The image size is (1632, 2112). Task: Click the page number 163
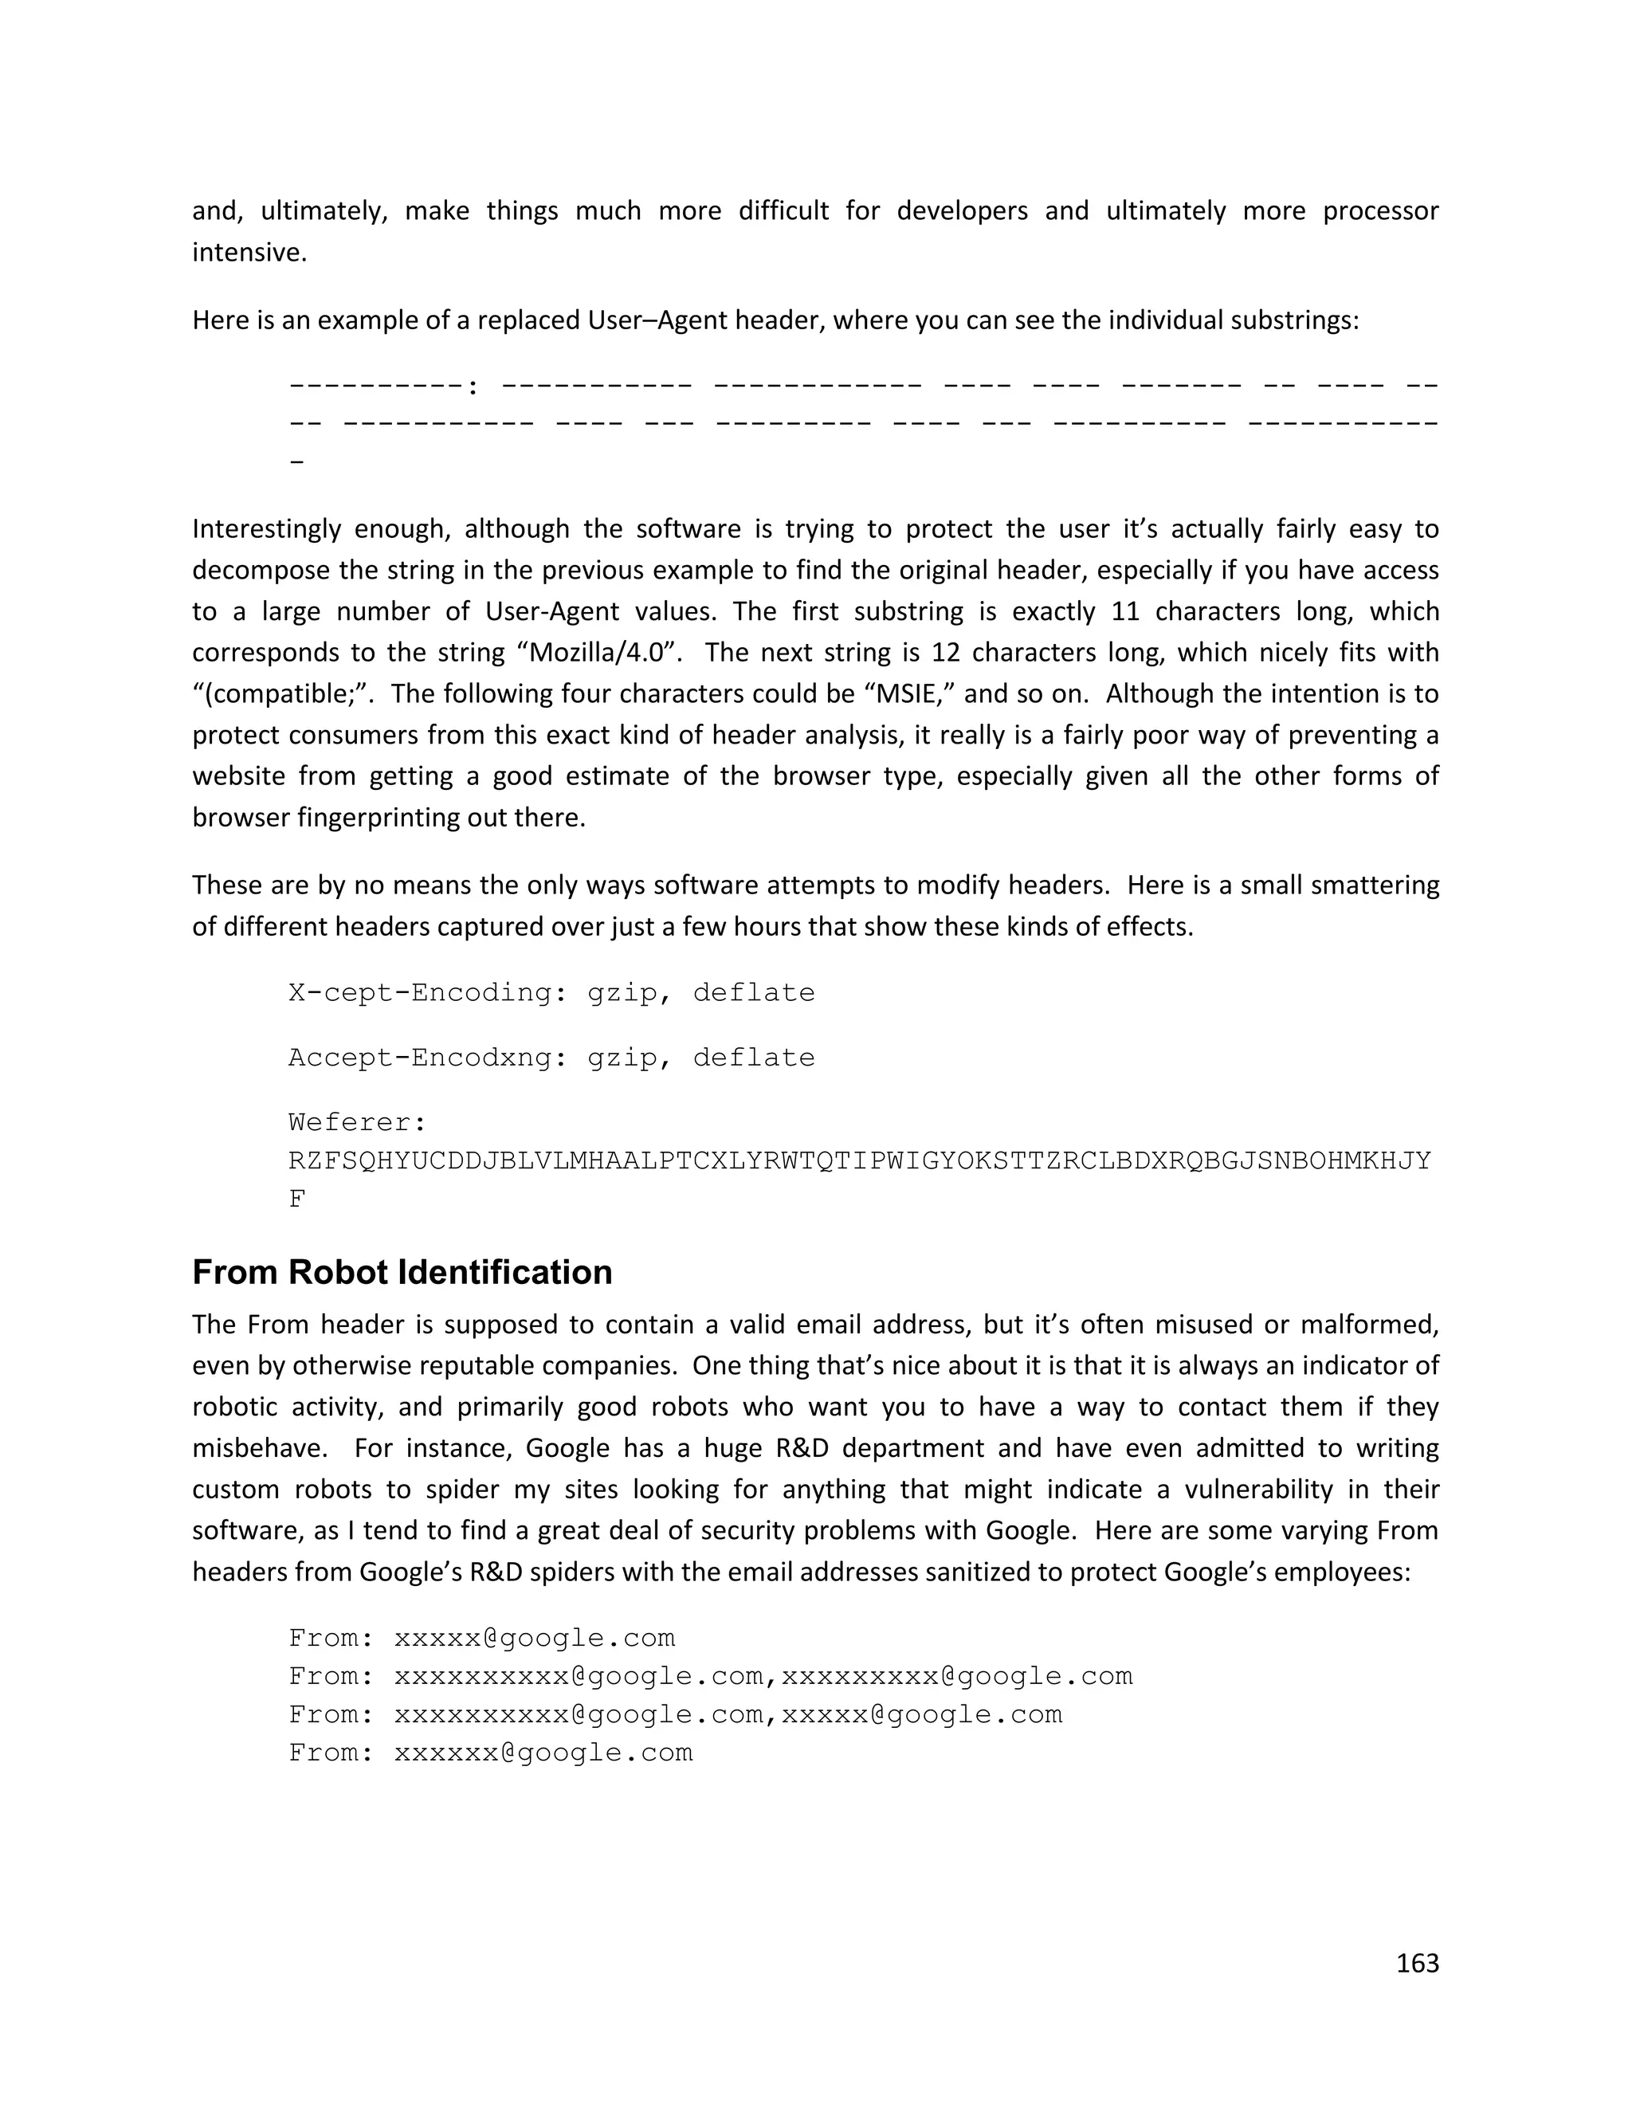(1418, 1964)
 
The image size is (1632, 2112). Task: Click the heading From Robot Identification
(402, 1273)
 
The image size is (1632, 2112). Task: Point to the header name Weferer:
(358, 1123)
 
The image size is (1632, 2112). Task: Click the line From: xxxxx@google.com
(481, 1638)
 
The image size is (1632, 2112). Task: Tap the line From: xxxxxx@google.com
(490, 1753)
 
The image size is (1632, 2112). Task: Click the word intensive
(249, 253)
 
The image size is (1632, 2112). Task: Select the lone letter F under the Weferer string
(296, 1200)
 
